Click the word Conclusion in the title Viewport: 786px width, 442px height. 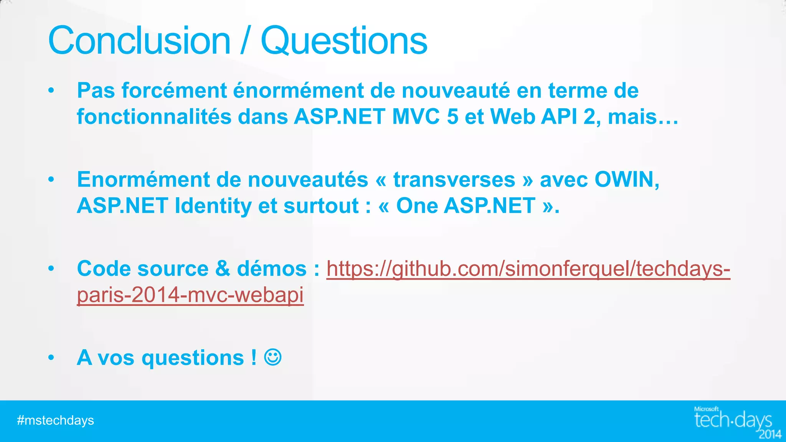139,41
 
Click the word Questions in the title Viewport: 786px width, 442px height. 344,41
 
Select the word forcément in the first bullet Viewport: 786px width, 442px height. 175,91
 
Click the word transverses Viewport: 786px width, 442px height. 454,180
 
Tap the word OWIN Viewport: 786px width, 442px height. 626,180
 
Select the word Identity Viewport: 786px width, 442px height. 213,206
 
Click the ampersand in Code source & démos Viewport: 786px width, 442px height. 223,269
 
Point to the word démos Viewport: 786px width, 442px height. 272,269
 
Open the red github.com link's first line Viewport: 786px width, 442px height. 528,269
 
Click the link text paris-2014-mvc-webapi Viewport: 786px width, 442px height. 190,295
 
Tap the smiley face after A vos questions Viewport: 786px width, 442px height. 273,357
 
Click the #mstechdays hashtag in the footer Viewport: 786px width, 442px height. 56,421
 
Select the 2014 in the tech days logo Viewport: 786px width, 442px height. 770,434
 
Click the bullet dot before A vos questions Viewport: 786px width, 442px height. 51,358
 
